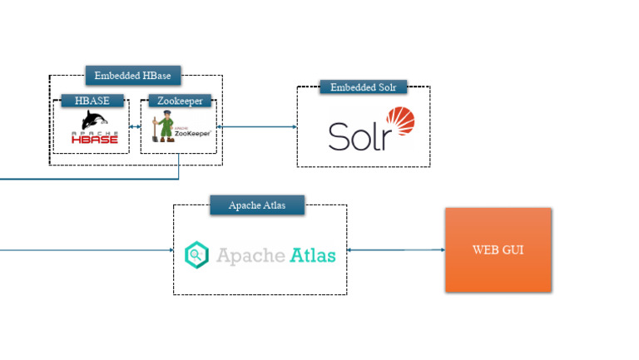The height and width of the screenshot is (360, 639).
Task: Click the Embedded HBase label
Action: coord(132,76)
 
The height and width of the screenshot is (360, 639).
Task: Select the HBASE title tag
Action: coord(92,101)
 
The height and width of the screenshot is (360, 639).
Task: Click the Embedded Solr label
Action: coord(363,87)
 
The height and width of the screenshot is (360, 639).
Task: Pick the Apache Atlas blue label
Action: coord(257,205)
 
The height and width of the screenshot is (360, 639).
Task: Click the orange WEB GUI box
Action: coord(498,249)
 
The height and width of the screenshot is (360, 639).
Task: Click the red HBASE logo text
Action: coord(94,138)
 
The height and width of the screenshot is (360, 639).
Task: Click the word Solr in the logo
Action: coord(359,136)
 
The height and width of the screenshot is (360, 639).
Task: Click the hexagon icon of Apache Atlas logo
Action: coord(196,254)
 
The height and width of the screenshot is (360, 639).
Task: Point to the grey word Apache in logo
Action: coord(250,254)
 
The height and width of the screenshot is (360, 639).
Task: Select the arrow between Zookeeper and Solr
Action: coord(256,127)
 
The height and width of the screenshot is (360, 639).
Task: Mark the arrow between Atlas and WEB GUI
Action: coord(395,249)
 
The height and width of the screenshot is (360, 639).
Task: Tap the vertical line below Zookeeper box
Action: coord(179,166)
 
